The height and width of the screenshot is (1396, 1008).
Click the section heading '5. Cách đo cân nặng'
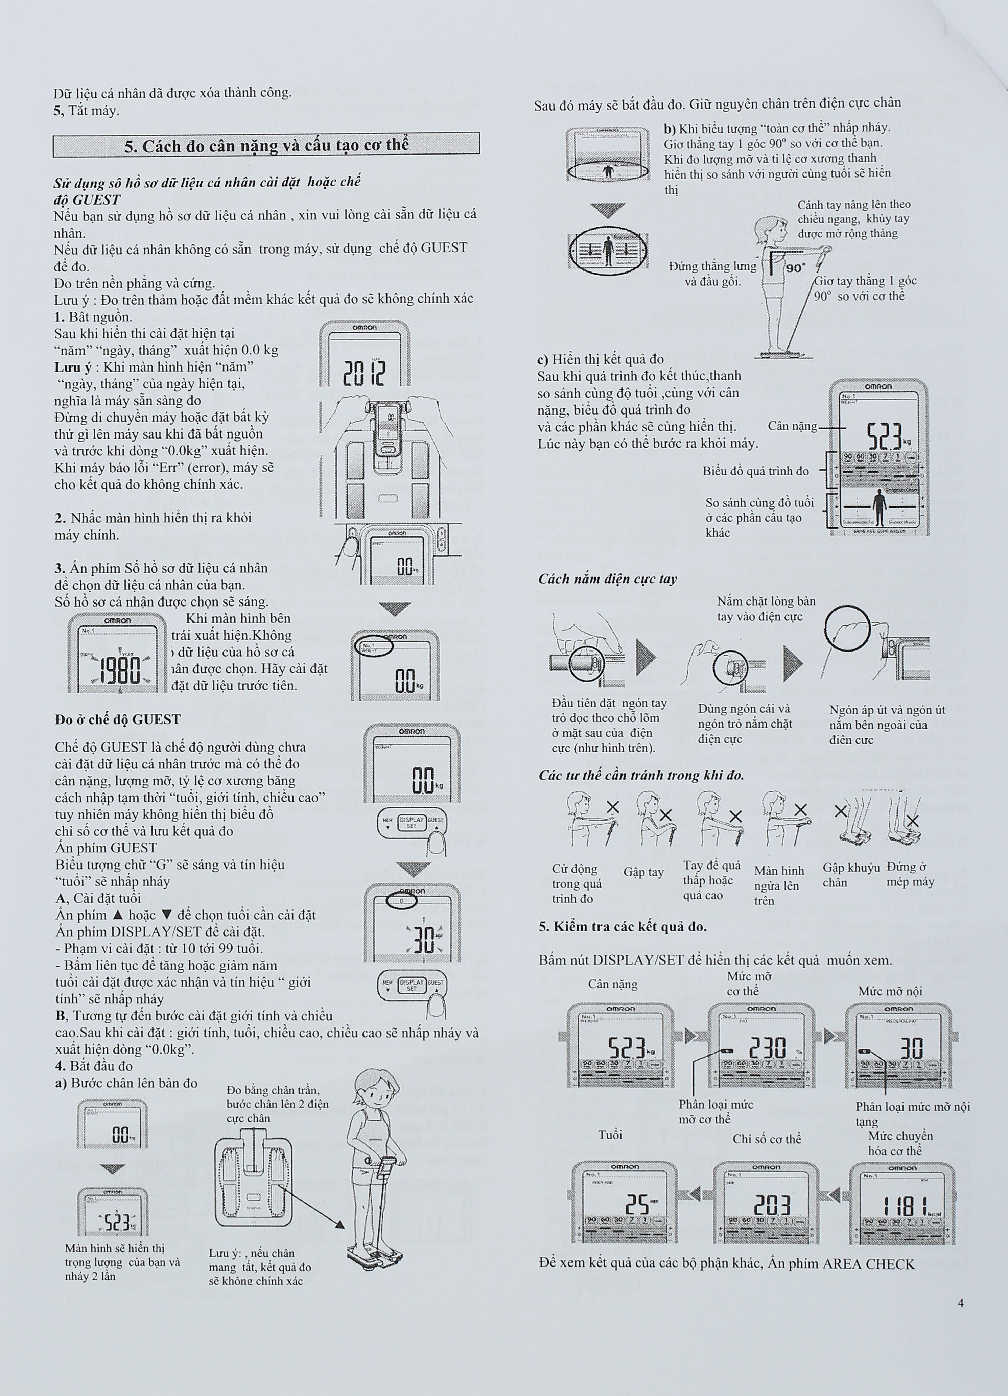pos(266,146)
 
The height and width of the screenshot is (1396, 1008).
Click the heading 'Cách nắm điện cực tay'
pos(607,578)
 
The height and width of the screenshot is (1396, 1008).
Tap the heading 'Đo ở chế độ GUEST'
pos(118,719)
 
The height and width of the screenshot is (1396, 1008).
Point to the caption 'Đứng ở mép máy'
pos(910,874)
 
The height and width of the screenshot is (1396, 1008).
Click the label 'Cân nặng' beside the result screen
pos(792,426)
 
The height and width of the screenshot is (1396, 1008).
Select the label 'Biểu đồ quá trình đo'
pos(755,471)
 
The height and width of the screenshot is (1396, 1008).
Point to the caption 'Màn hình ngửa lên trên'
pos(779,885)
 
